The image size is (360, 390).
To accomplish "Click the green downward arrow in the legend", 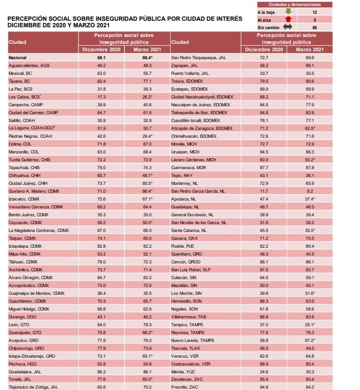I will pos(288,12).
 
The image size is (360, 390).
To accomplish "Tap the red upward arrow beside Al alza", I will pos(288,20).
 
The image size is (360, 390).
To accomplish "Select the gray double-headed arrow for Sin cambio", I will pos(288,27).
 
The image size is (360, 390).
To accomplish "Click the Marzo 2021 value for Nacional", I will pos(147,58).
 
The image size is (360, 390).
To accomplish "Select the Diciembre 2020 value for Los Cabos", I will pos(102,97).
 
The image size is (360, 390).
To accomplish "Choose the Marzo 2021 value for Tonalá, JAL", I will pos(147,379).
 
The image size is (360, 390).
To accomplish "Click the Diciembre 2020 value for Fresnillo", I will pos(264,387).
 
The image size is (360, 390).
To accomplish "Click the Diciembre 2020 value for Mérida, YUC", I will pos(264,371).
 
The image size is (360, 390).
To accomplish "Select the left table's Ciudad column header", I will pos(18,42).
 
